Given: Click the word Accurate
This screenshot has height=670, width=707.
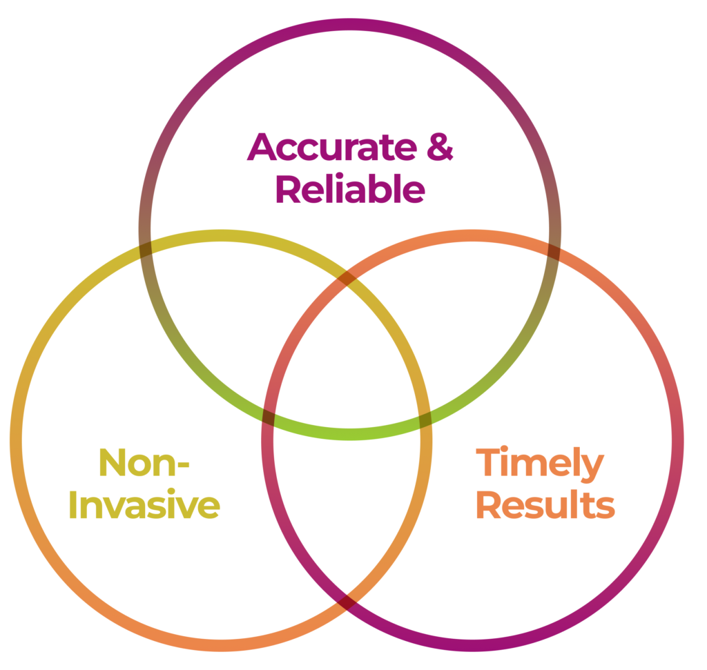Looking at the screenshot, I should pyautogui.click(x=332, y=146).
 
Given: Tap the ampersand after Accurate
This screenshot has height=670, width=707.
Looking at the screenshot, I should pyautogui.click(x=439, y=147).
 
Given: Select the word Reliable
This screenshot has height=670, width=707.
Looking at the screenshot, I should pyautogui.click(x=350, y=189).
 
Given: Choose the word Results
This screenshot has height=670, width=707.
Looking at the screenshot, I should pyautogui.click(x=545, y=505).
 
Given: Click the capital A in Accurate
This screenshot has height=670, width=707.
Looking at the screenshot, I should pyautogui.click(x=262, y=146).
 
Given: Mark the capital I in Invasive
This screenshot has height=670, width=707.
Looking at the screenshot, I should pyautogui.click(x=82, y=505).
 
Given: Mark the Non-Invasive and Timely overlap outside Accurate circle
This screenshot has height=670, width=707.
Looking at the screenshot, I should pyautogui.click(x=347, y=511).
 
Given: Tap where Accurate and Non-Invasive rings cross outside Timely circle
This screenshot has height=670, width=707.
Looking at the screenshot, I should pyautogui.click(x=145, y=249).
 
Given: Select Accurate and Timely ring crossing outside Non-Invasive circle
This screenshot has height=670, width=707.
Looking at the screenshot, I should pyautogui.click(x=554, y=249).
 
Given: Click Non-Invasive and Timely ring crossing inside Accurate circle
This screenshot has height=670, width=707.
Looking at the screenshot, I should pyautogui.click(x=347, y=278).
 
